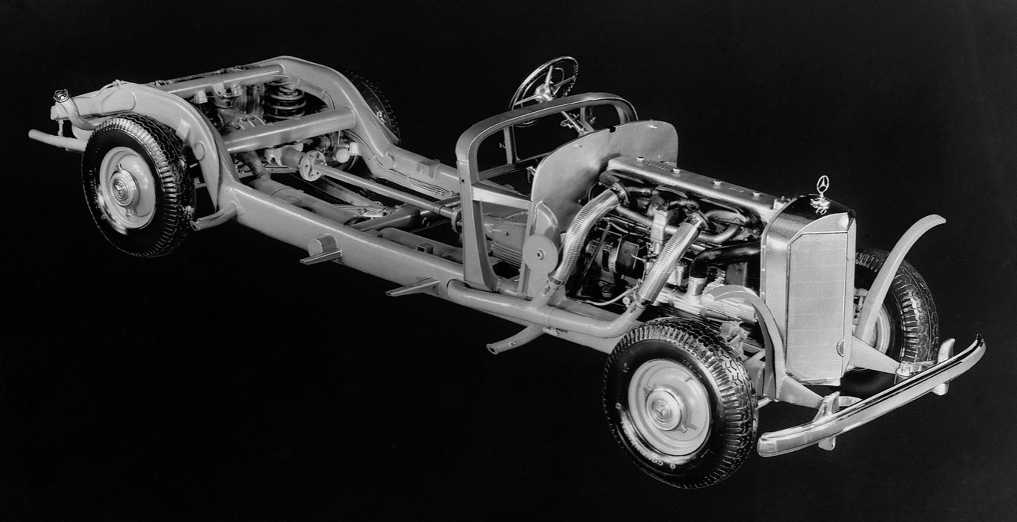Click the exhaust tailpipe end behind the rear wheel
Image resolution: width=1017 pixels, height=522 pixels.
click(38, 134)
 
